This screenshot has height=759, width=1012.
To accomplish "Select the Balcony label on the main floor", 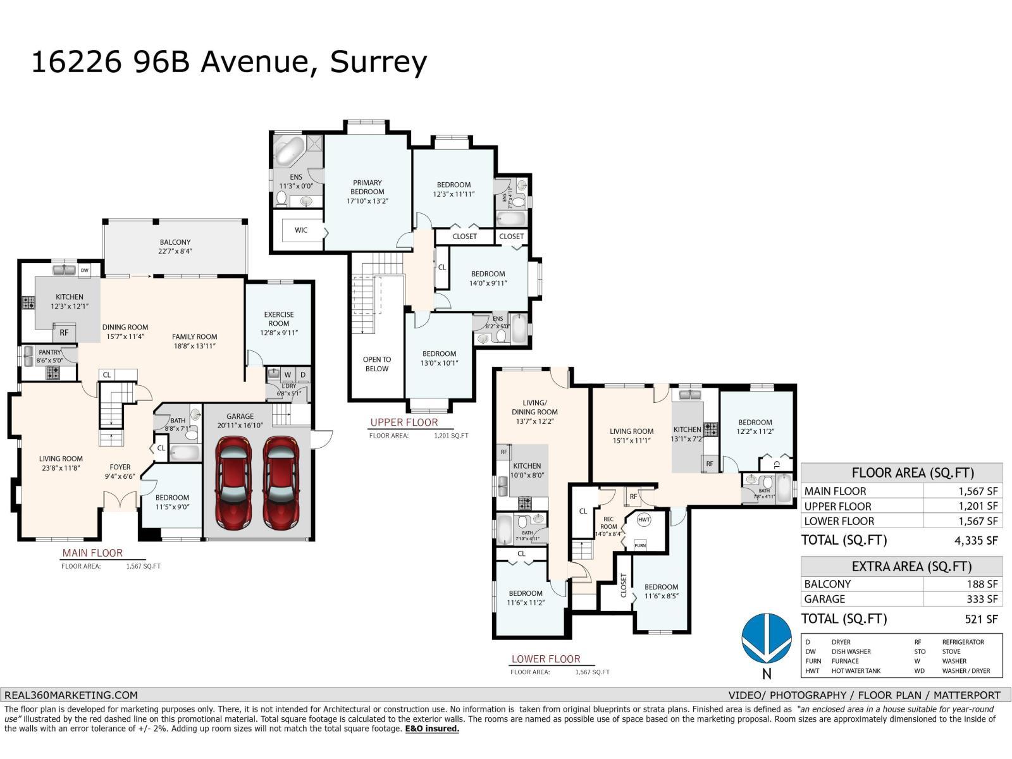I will (x=175, y=242).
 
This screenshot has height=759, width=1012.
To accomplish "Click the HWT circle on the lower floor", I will (x=644, y=520).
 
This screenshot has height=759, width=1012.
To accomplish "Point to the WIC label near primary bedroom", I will (x=301, y=230).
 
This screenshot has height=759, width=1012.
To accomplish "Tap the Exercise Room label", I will (x=279, y=319).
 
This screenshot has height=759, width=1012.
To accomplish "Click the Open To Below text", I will (x=377, y=364).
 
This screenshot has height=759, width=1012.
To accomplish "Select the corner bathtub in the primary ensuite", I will (x=290, y=152).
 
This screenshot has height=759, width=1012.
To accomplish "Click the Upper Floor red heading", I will (x=404, y=422).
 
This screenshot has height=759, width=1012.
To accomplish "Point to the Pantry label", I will (x=49, y=352).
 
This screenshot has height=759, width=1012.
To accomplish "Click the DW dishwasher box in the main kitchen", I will (x=85, y=270).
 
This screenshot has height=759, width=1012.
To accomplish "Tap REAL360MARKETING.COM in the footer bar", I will (x=71, y=694).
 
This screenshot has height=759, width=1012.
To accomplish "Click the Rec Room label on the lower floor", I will (x=608, y=522).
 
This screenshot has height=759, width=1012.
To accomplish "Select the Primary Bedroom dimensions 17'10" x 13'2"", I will (x=367, y=201).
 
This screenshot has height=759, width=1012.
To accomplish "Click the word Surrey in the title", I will (x=378, y=63).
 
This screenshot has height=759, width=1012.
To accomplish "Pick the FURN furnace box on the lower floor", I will (x=640, y=545).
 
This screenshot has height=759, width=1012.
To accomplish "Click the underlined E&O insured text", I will (x=432, y=729).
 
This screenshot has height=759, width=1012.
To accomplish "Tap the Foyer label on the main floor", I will (x=120, y=467).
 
